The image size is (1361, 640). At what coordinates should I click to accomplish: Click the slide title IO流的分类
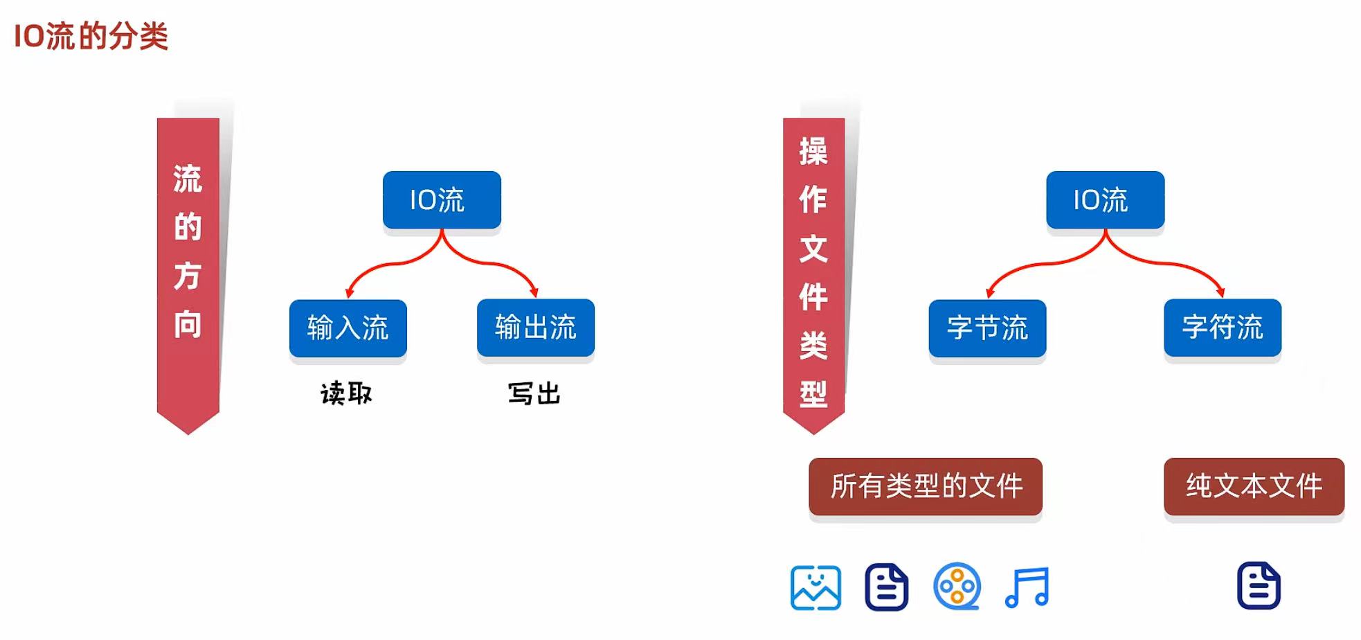click(91, 36)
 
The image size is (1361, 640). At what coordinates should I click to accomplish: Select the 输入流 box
click(348, 328)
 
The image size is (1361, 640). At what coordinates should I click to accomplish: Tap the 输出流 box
click(535, 327)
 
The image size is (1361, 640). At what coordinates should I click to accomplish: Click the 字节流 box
click(987, 328)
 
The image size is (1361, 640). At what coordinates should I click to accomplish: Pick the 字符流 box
click(1223, 327)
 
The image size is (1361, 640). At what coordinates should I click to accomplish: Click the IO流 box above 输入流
click(442, 199)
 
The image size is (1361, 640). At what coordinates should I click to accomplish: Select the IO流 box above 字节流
click(1105, 199)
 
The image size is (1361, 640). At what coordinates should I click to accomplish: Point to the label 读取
click(346, 393)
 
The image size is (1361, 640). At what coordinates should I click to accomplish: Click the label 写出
click(534, 393)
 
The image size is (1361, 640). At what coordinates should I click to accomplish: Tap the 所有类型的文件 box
click(926, 486)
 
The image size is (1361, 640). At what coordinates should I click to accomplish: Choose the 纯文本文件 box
click(1254, 486)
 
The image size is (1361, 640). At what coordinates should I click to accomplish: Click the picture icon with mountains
click(815, 587)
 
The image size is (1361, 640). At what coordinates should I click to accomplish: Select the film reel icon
click(957, 587)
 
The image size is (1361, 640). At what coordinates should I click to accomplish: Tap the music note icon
click(1027, 587)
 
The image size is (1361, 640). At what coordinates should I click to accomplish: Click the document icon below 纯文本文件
click(1259, 586)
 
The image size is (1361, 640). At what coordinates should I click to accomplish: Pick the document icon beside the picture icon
click(886, 587)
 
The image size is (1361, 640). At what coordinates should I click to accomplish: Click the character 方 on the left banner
click(188, 276)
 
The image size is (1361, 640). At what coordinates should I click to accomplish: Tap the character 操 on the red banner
click(813, 151)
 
